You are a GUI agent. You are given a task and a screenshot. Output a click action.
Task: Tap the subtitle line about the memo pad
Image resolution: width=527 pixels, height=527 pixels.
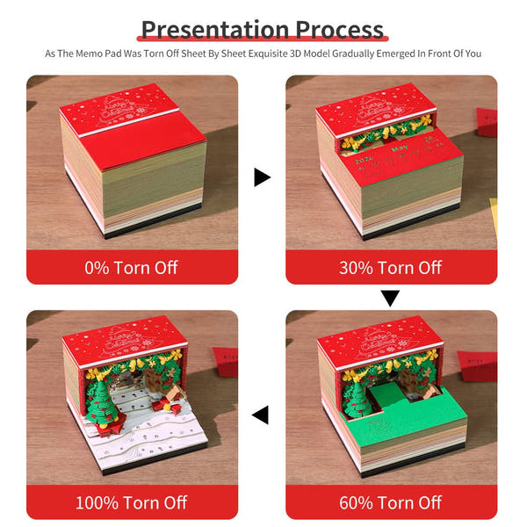[263, 54]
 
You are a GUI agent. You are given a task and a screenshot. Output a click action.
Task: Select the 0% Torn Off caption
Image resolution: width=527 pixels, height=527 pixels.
[132, 267]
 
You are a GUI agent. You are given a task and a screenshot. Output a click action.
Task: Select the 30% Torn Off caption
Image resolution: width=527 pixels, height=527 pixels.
[391, 267]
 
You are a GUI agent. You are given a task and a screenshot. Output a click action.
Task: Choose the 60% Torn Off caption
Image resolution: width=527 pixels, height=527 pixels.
[391, 502]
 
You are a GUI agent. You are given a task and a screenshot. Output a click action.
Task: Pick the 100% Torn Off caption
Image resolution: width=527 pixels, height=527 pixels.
[132, 502]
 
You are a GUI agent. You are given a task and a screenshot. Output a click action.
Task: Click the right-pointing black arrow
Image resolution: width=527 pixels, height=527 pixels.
[262, 178]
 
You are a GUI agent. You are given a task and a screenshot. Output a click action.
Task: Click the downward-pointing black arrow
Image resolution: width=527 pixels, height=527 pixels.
[390, 299]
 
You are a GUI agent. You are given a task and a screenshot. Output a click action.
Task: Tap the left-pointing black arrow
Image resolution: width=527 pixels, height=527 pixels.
[261, 414]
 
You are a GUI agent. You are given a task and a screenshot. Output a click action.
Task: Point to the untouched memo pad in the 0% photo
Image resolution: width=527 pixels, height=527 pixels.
[132, 167]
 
